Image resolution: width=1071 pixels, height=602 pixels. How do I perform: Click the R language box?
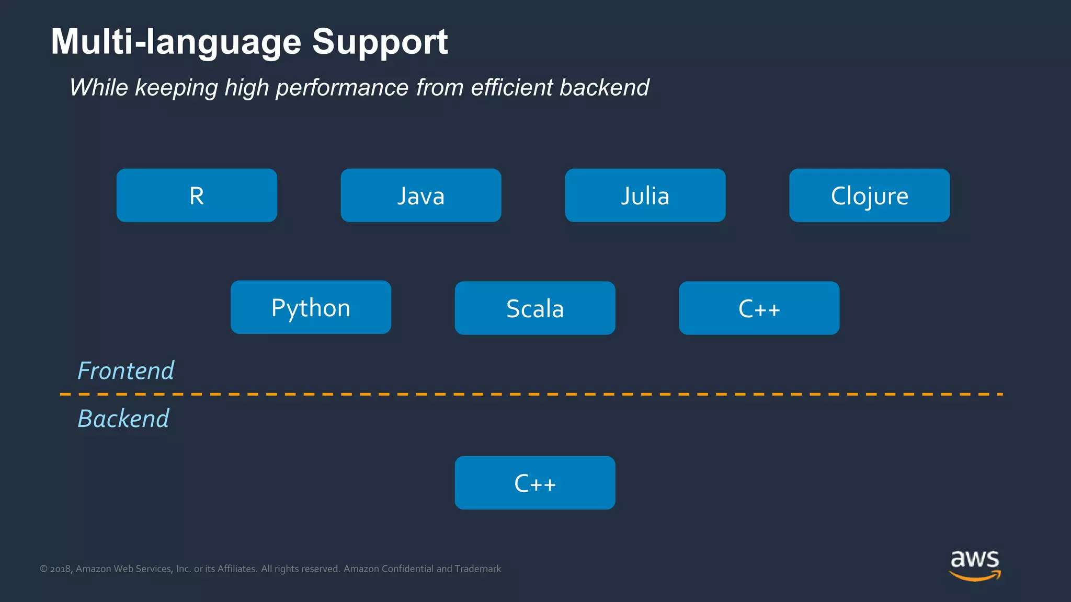197,195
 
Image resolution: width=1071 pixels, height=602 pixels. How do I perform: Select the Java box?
420,195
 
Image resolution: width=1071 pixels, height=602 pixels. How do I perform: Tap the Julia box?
645,195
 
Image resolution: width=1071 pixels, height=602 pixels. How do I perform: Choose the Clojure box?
869,195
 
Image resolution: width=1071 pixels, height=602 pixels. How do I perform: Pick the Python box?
311,307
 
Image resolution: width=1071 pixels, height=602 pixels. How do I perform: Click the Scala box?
534,308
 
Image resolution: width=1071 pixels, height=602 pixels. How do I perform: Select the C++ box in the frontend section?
759,308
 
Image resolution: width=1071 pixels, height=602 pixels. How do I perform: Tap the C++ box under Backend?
534,483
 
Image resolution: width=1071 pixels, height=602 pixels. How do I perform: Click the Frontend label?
126,371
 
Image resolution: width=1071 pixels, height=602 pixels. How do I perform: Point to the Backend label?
123,419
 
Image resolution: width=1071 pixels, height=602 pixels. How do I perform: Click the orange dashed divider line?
531,394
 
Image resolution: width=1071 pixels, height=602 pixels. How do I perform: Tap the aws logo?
975,565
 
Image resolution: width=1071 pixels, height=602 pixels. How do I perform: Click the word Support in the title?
380,42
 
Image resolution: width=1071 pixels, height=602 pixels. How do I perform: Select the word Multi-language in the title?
176,42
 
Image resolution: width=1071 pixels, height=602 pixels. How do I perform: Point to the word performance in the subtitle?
342,87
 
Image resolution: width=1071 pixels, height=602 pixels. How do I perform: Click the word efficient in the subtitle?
511,87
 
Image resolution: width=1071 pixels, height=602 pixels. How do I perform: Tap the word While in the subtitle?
99,87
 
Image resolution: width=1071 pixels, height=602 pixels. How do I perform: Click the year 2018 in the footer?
61,569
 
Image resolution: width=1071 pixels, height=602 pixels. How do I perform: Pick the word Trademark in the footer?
477,569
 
